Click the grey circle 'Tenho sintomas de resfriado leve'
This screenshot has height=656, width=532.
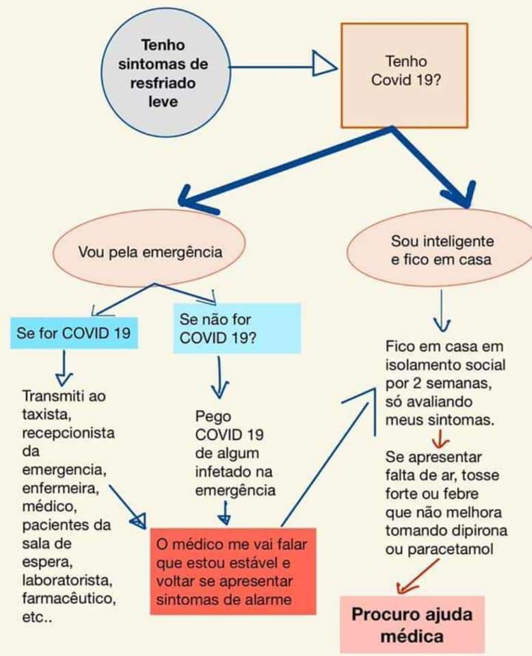point(165,72)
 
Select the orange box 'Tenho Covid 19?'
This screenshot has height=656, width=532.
point(404,75)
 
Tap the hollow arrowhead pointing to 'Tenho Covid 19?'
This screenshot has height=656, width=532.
point(325,63)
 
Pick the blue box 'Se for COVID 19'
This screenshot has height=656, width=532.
point(74,333)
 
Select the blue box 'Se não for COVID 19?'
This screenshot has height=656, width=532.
point(237,329)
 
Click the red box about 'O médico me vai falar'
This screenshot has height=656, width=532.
point(233,571)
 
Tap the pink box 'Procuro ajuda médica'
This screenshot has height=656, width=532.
point(412,625)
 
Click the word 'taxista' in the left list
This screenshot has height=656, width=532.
point(46,414)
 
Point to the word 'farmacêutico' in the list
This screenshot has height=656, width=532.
point(68,599)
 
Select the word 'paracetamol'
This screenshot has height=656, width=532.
point(451,549)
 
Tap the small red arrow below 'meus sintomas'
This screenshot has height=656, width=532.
point(441,439)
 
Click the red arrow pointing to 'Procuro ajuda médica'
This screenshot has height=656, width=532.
point(418,577)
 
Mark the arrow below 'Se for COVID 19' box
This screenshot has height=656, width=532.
point(64,368)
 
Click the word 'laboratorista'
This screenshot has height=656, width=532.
point(67,580)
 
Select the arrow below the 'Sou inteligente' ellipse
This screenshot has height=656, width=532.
point(442,310)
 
